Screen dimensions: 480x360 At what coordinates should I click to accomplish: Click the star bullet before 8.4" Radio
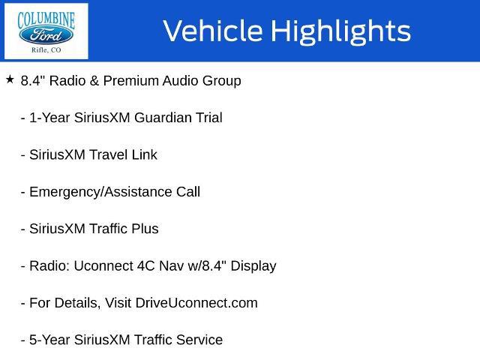pos(10,79)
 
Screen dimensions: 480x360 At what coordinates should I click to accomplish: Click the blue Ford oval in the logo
pos(46,35)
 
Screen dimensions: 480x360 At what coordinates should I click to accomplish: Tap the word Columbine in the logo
pos(46,20)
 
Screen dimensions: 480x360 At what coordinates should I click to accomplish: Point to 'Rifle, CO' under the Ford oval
pos(46,50)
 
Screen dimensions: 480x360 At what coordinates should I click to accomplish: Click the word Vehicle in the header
pos(213,31)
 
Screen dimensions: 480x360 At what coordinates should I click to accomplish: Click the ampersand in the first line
pos(94,81)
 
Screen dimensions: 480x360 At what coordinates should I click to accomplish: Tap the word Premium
pos(131,81)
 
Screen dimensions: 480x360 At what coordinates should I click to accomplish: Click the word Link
pos(145,154)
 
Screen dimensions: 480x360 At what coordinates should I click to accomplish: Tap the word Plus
pos(145,229)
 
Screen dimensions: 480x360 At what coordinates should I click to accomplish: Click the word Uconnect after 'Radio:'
pos(103,265)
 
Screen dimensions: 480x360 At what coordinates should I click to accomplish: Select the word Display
pos(253,266)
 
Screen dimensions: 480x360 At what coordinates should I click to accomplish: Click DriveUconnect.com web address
pos(196,303)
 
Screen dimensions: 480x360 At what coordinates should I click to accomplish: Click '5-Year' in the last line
pos(49,340)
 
